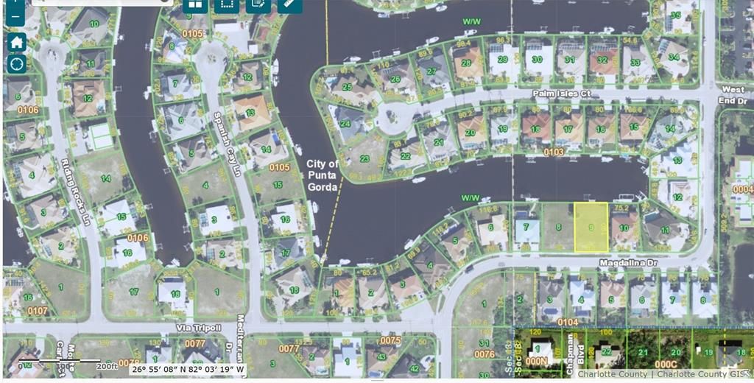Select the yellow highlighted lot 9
591,227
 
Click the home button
16,41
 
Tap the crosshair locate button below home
16,63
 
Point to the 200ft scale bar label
106,365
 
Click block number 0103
554,151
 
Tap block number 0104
568,323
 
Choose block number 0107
37,311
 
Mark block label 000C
666,364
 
